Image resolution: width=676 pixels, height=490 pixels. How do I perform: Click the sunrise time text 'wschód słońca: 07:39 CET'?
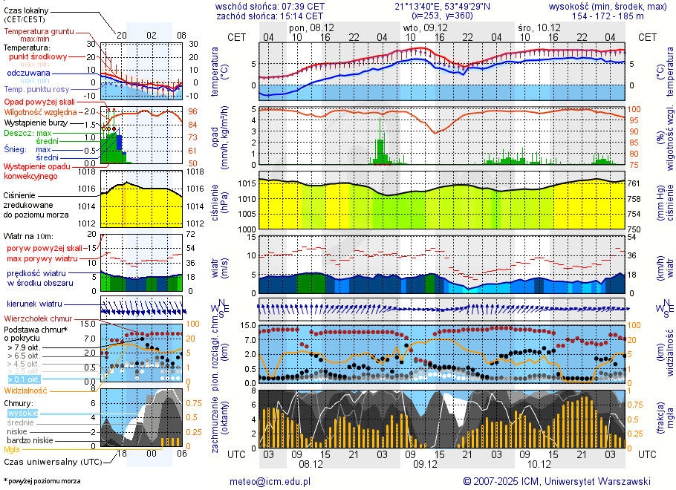point(269,5)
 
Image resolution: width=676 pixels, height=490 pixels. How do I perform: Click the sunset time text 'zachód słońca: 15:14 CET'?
point(269,15)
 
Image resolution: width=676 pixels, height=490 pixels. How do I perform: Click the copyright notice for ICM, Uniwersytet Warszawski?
point(556,481)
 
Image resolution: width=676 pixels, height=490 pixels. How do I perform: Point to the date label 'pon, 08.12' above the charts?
point(311,27)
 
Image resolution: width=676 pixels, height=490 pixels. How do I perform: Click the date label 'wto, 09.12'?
point(420,27)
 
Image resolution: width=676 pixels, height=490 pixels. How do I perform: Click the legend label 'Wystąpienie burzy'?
point(35,122)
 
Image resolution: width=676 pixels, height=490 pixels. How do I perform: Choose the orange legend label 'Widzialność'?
point(25,390)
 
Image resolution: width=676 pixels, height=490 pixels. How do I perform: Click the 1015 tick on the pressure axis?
point(247,183)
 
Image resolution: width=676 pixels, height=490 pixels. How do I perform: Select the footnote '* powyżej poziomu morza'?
point(42,481)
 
